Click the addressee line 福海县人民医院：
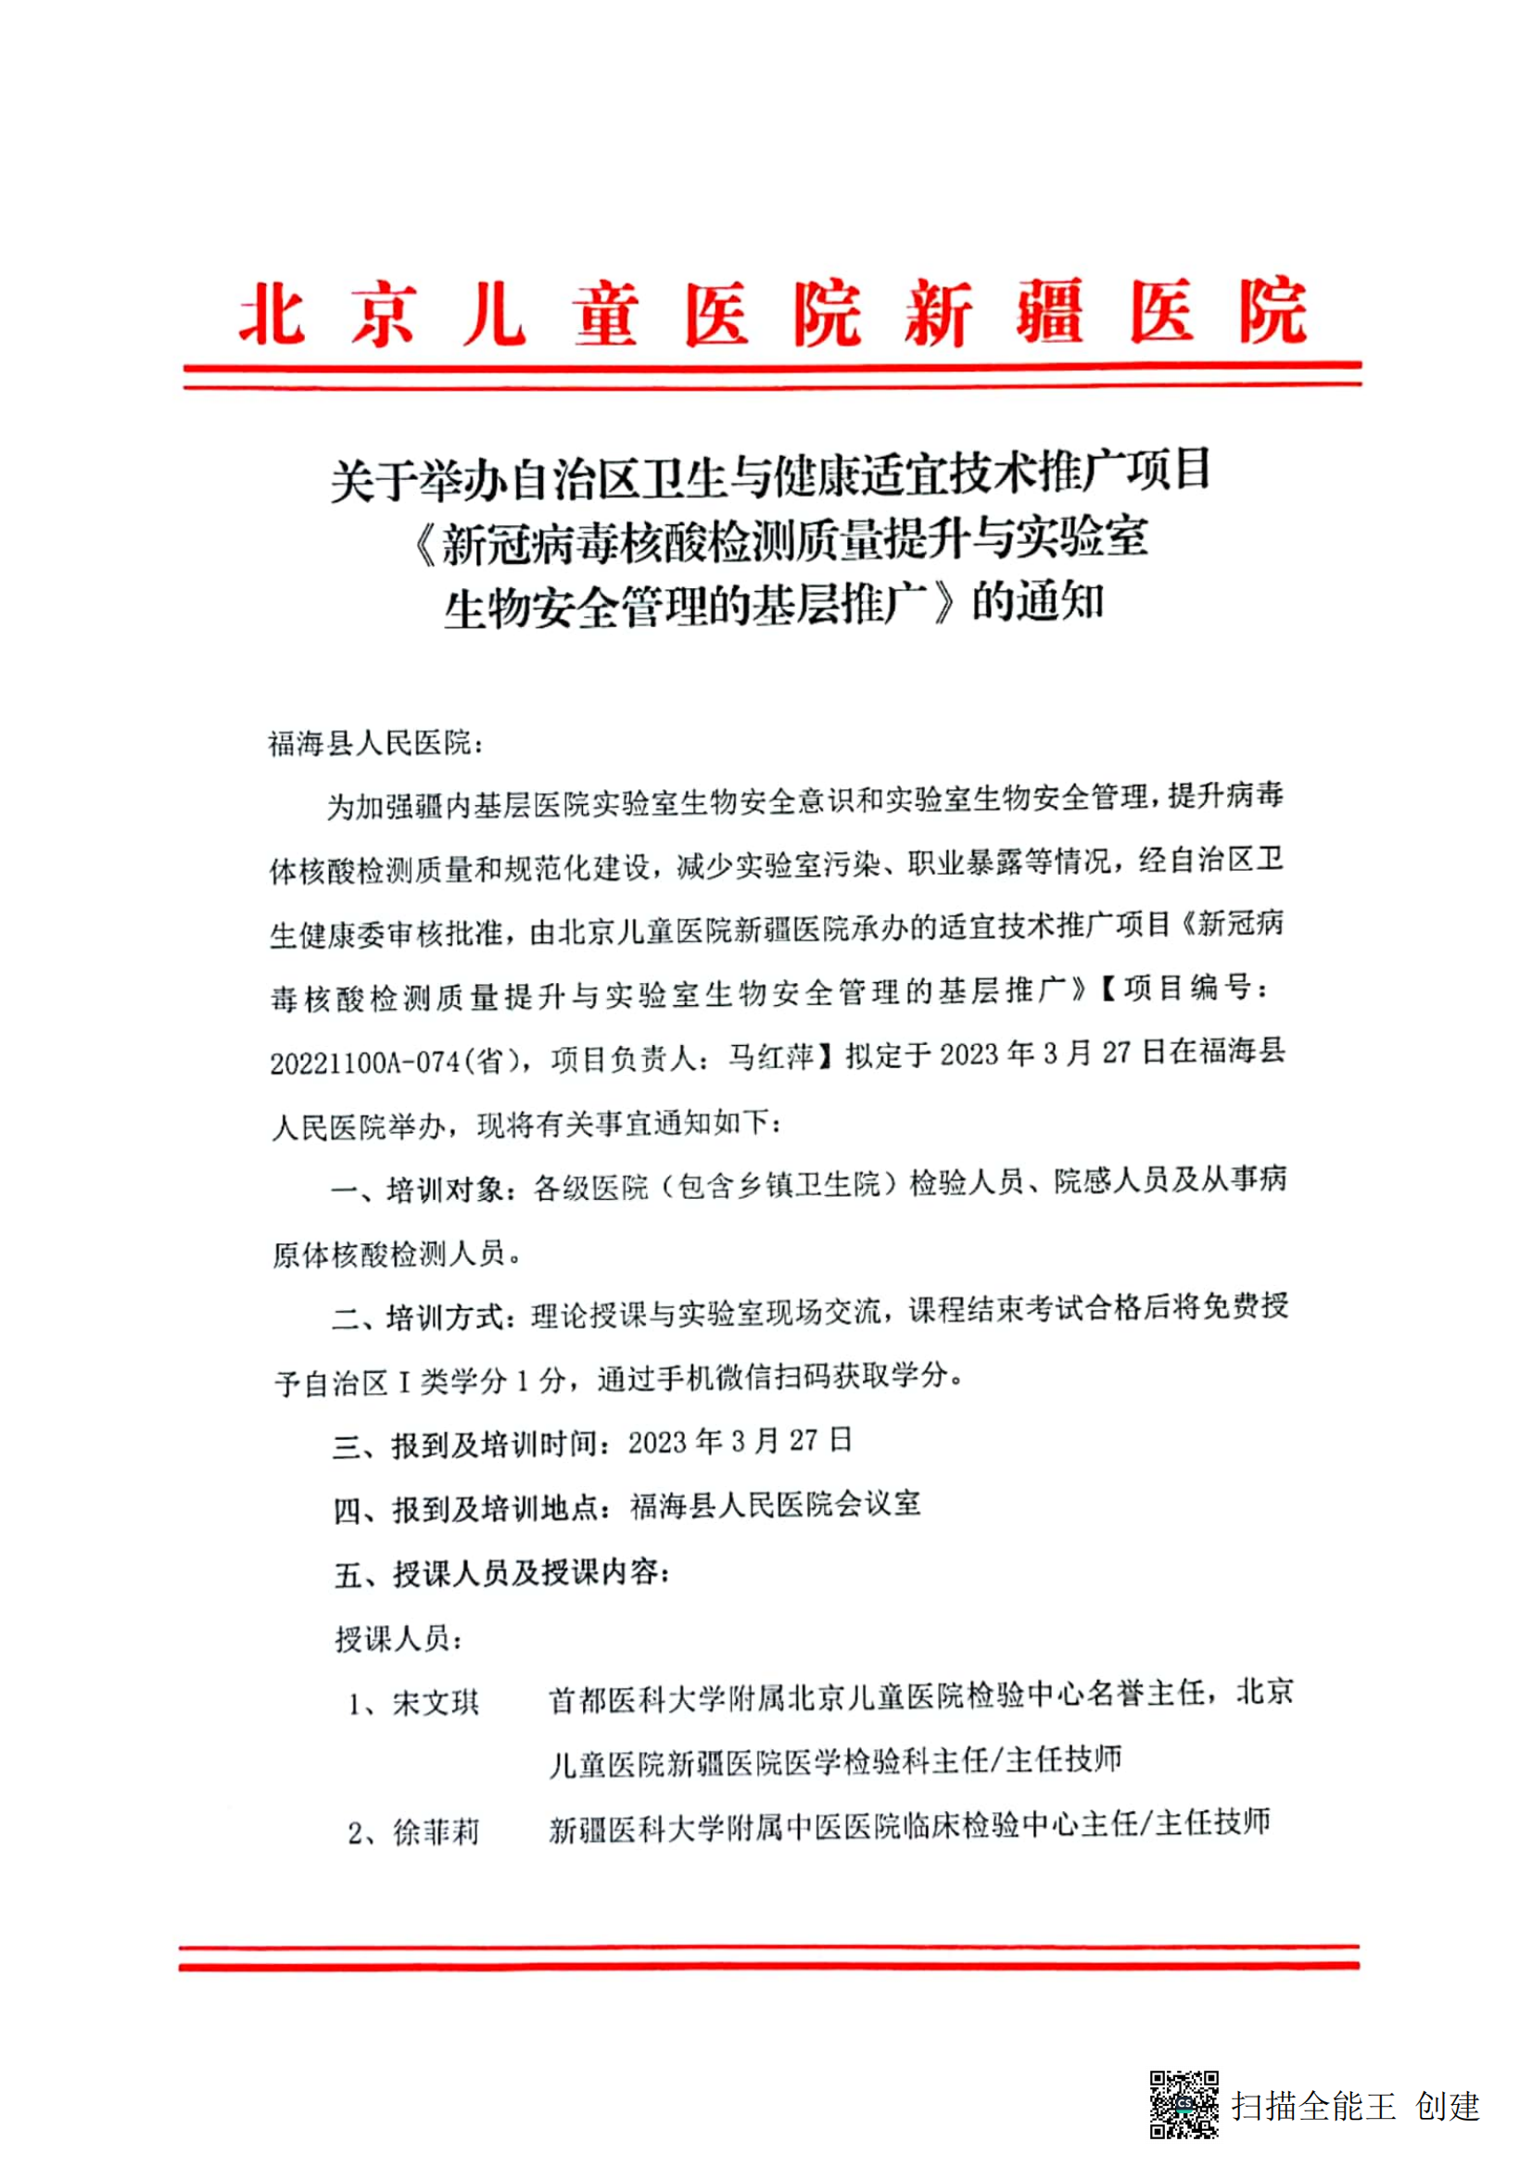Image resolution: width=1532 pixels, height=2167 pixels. click(x=376, y=744)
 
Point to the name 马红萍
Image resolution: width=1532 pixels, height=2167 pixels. click(x=770, y=1058)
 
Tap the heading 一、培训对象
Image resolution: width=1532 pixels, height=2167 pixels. click(x=418, y=1190)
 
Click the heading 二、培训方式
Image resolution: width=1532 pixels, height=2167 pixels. click(x=418, y=1317)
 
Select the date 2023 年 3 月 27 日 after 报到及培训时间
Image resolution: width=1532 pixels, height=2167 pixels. click(x=740, y=1442)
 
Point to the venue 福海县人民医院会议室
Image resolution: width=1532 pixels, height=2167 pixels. click(x=774, y=1505)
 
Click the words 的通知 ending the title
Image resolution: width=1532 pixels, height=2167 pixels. click(x=1037, y=601)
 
